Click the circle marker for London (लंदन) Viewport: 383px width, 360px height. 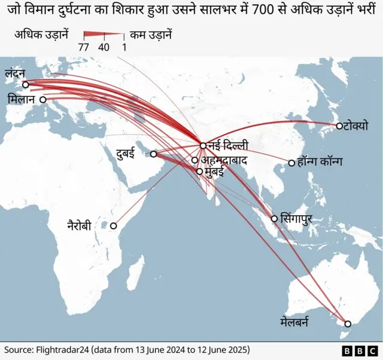click(x=25, y=84)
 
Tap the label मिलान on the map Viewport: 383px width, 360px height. click(x=22, y=99)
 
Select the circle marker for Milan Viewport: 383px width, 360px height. click(x=43, y=100)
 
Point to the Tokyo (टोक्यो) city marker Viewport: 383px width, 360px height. click(x=339, y=126)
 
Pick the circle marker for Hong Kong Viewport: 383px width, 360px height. click(x=291, y=163)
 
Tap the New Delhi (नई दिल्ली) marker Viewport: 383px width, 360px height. click(x=203, y=145)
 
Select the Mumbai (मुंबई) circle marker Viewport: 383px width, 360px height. click(x=200, y=172)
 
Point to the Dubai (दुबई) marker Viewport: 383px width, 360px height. click(x=153, y=154)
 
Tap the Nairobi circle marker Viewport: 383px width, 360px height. click(x=113, y=226)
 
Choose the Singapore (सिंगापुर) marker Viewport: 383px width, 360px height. click(x=274, y=219)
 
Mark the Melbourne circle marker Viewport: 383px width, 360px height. click(x=348, y=324)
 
